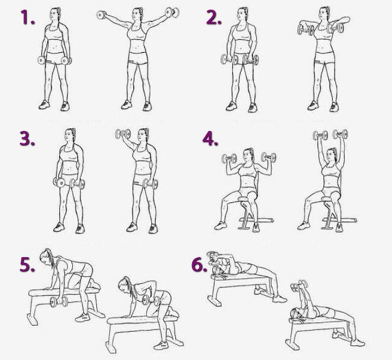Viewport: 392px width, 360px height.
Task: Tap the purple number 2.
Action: coord(214,17)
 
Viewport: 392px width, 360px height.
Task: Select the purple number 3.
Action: coord(27,139)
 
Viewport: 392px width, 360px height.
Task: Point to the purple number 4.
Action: coord(210,139)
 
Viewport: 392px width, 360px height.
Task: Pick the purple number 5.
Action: coord(27,265)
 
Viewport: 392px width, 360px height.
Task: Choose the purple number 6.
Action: coord(199,265)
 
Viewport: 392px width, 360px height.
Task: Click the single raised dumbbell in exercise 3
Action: coord(122,134)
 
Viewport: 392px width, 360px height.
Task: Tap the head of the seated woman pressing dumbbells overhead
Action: coord(332,154)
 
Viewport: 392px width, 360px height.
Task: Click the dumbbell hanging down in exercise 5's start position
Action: coord(59,302)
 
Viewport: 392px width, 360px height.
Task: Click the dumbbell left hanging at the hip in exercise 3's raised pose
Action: coord(150,184)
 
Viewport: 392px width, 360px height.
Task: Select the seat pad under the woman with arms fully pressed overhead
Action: coord(330,198)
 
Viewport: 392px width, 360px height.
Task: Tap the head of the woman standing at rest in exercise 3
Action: coord(70,136)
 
